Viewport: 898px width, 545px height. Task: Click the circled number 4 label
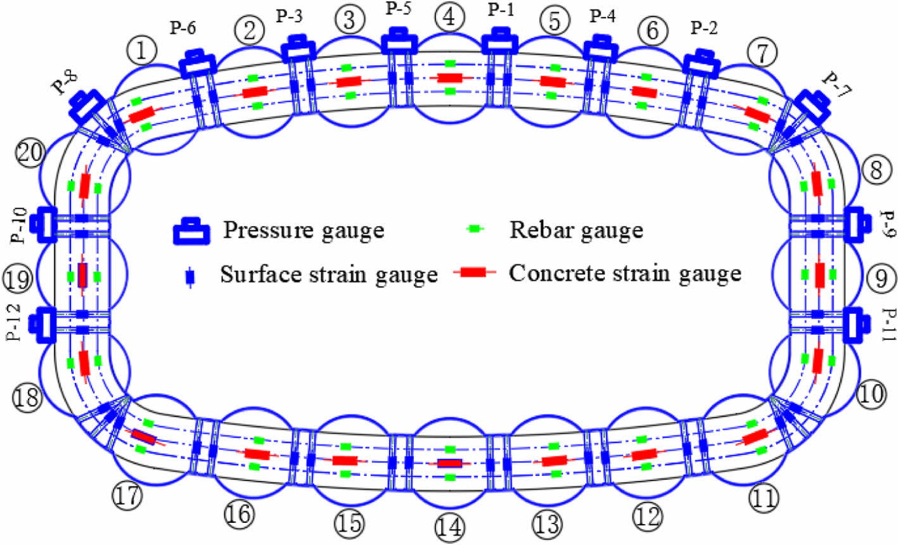449,17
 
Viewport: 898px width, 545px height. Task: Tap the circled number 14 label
449,527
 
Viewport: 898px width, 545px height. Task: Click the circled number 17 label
128,496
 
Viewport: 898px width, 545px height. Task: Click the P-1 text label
501,11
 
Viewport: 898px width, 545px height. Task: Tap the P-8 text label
65,83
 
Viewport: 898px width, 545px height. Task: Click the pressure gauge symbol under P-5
399,41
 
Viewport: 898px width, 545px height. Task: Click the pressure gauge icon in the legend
191,232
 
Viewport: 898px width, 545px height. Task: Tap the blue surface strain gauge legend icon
188,277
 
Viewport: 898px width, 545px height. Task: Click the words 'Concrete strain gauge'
625,273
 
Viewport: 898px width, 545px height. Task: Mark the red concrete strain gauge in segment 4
449,78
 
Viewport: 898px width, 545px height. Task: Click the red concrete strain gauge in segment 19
82,275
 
